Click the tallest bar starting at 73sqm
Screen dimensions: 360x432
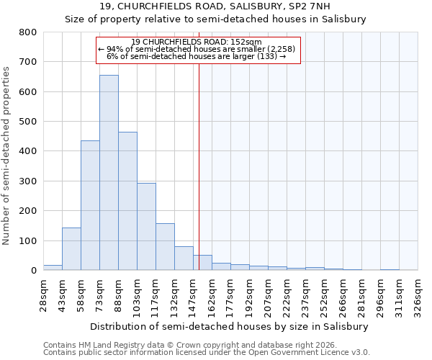click(x=109, y=173)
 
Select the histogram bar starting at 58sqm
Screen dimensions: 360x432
click(x=90, y=205)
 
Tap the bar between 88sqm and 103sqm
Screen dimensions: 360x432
click(x=127, y=201)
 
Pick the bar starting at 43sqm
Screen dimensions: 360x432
click(x=71, y=249)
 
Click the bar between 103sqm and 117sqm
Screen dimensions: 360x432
click(x=146, y=227)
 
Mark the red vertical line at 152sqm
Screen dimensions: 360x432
click(x=199, y=166)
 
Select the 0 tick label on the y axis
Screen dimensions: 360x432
click(x=33, y=271)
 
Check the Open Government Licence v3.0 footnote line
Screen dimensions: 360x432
click(x=206, y=352)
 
